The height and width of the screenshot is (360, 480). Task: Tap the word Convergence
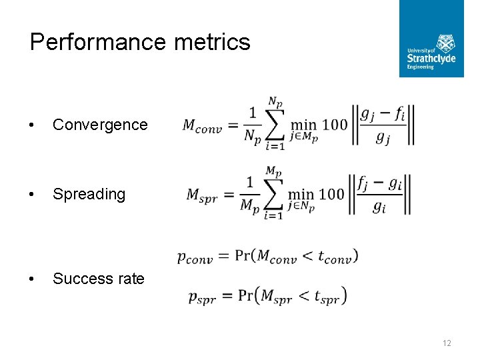tap(100, 125)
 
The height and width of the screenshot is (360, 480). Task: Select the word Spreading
tap(89, 194)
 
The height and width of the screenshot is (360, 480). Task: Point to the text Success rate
tap(98, 279)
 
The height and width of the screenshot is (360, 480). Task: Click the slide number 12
tap(447, 343)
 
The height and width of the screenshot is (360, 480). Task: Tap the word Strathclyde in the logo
tap(431, 59)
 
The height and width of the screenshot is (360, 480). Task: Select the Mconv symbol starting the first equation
tap(202, 125)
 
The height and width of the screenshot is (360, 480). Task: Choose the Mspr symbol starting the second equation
tap(203, 195)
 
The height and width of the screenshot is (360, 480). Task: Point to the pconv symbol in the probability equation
tap(195, 257)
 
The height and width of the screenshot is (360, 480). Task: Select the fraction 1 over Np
tap(251, 125)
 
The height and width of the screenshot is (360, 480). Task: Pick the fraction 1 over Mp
tap(250, 194)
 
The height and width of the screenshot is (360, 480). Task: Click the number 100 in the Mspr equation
tap(331, 194)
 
